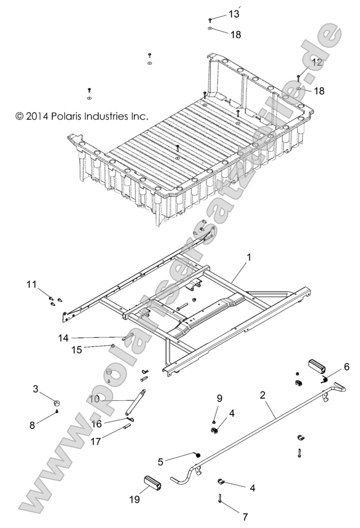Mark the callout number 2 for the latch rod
(262, 395)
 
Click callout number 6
(346, 367)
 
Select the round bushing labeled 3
(57, 403)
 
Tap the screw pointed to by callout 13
(209, 20)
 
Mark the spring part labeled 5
(197, 455)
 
